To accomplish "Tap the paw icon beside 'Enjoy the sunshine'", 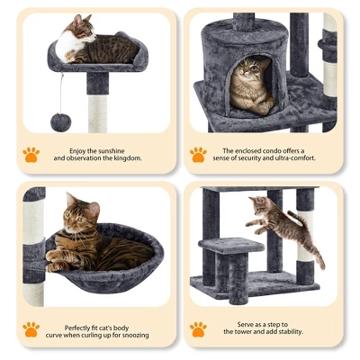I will (x=31, y=154).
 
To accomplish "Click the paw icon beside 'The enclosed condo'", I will (x=198, y=154).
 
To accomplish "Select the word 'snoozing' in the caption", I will (x=133, y=335).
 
